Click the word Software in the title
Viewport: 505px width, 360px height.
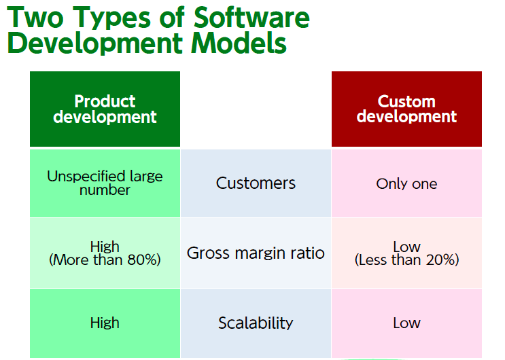point(251,17)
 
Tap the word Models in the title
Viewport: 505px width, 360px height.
point(239,43)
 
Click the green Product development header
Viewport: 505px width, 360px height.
point(105,109)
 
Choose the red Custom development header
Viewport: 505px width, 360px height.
point(406,109)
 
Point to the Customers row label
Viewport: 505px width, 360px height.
point(256,183)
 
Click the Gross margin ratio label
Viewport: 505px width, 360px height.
point(256,253)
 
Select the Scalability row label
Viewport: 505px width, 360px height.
point(256,323)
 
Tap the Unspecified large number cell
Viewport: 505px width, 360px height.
point(105,183)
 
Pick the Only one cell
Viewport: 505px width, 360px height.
point(406,184)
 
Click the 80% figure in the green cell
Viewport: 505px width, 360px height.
point(141,260)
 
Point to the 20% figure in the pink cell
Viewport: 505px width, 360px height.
point(440,260)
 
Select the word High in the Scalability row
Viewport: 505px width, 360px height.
point(105,323)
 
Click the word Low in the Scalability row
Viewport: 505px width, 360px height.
point(406,323)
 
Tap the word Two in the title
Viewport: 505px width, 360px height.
point(35,18)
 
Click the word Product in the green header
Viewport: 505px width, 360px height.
point(105,101)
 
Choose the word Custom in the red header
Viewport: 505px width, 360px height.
point(406,101)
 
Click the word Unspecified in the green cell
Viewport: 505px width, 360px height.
point(86,177)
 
